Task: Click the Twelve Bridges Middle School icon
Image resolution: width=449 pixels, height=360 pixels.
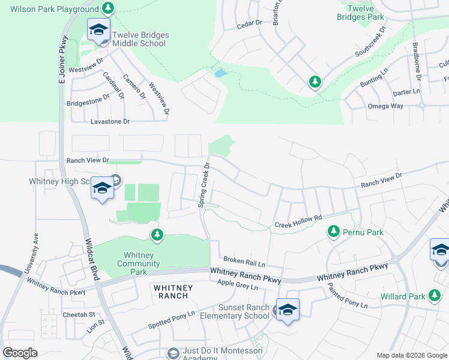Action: point(99,29)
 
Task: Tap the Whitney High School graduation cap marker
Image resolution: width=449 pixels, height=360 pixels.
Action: point(102,189)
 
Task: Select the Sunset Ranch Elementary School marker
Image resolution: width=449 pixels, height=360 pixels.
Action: point(288,310)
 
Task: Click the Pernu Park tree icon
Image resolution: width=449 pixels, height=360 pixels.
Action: point(333,231)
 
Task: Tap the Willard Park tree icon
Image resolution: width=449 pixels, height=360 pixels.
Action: point(435,295)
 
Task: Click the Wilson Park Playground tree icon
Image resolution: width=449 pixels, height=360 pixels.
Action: point(107,8)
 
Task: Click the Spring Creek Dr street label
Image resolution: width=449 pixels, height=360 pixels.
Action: point(204,185)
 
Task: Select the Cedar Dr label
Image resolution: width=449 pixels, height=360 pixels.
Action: point(250,23)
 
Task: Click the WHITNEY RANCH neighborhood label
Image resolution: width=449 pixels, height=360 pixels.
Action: point(175,292)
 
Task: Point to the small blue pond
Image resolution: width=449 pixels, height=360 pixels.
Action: point(221,74)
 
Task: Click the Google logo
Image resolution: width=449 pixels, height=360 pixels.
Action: point(20,353)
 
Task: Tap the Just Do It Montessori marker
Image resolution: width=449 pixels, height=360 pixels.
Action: point(174,353)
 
